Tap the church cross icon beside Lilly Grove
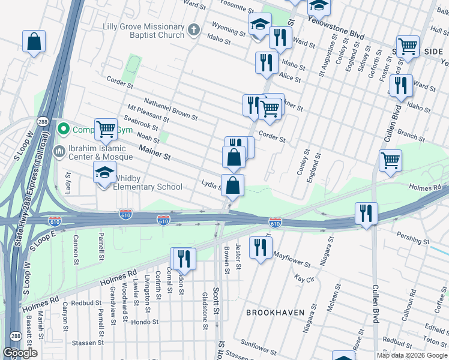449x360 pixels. pos(193,29)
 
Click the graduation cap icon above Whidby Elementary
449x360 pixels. pos(104,173)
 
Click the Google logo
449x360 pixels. pos(20,353)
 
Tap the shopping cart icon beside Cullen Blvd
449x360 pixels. pos(390,160)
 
